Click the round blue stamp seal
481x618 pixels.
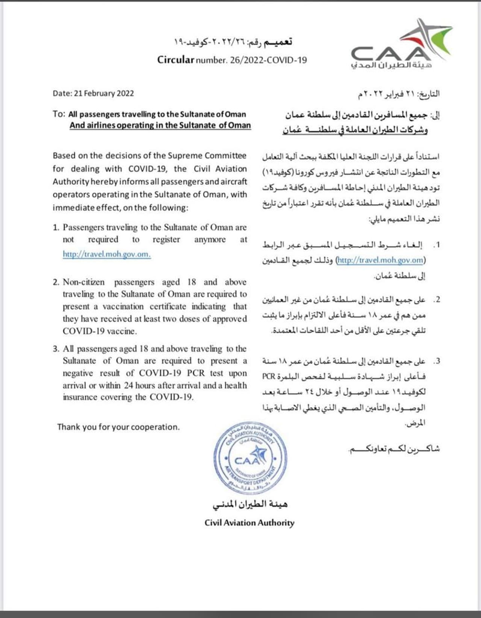[250, 459]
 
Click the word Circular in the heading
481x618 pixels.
[175, 60]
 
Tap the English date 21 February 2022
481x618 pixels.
[104, 93]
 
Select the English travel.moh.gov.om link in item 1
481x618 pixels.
[107, 254]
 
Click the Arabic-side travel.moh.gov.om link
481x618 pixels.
[381, 260]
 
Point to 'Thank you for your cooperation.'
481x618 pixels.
[118, 427]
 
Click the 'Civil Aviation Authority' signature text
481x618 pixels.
[249, 523]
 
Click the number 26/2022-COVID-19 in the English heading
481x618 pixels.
[267, 60]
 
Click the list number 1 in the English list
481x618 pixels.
[56, 227]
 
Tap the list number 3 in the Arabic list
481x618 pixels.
[436, 361]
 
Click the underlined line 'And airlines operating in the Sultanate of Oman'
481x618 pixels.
[160, 125]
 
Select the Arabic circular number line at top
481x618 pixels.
[233, 42]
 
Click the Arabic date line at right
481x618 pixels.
[398, 94]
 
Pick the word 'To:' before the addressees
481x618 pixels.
[59, 114]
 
